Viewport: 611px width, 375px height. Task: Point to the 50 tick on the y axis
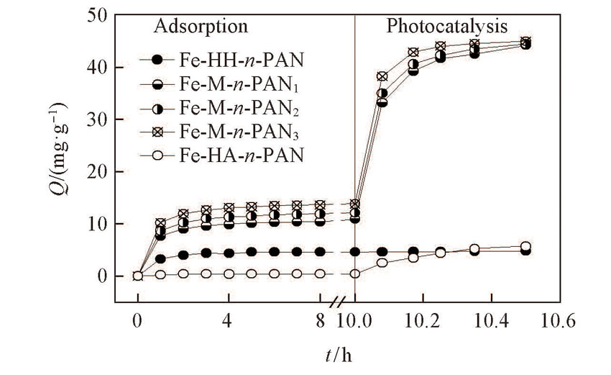(101, 15)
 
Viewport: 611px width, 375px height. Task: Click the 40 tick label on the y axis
(101, 68)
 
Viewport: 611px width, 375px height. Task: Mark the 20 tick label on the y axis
(101, 172)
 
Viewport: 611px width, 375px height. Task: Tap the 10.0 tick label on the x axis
(355, 322)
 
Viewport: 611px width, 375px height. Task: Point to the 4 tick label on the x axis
(228, 322)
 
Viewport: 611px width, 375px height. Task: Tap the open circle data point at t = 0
(137, 276)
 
